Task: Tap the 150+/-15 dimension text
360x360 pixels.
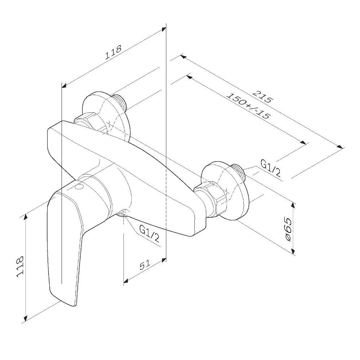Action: click(248, 105)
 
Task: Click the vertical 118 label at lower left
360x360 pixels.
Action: click(20, 266)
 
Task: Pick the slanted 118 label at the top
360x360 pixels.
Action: click(113, 53)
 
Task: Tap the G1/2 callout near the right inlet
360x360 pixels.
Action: click(270, 168)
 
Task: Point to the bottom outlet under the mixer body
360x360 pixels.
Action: click(123, 213)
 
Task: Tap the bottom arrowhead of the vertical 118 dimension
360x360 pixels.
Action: click(26, 318)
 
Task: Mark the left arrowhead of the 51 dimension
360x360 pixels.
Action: click(126, 281)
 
